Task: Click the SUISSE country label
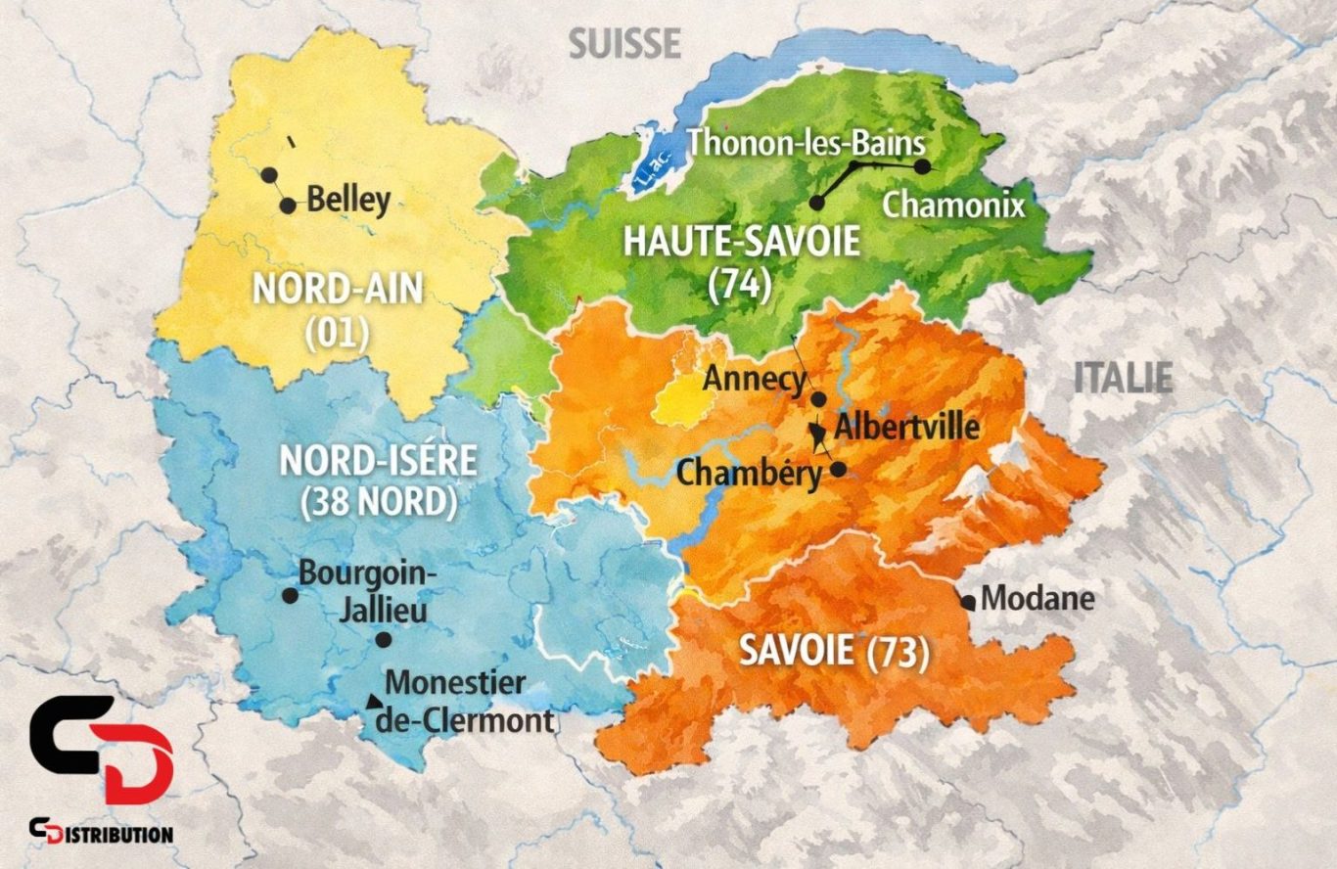coord(624,43)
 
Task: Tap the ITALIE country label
coord(1123,378)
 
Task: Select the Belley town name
coord(348,200)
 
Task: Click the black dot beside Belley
coord(288,206)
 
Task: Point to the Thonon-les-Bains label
coord(806,143)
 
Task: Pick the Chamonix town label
coord(953,206)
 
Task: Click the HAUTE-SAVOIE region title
coord(742,241)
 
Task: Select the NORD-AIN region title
coord(338,290)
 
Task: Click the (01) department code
coord(337,333)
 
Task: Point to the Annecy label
coord(755,379)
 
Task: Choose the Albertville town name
coord(906,427)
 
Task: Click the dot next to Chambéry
coord(838,469)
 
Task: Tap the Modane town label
coord(1037,598)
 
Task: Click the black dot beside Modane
coord(968,603)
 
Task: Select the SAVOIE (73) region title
coord(833,652)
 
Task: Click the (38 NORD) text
coord(379,502)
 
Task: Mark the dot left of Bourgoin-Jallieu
coord(290,595)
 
